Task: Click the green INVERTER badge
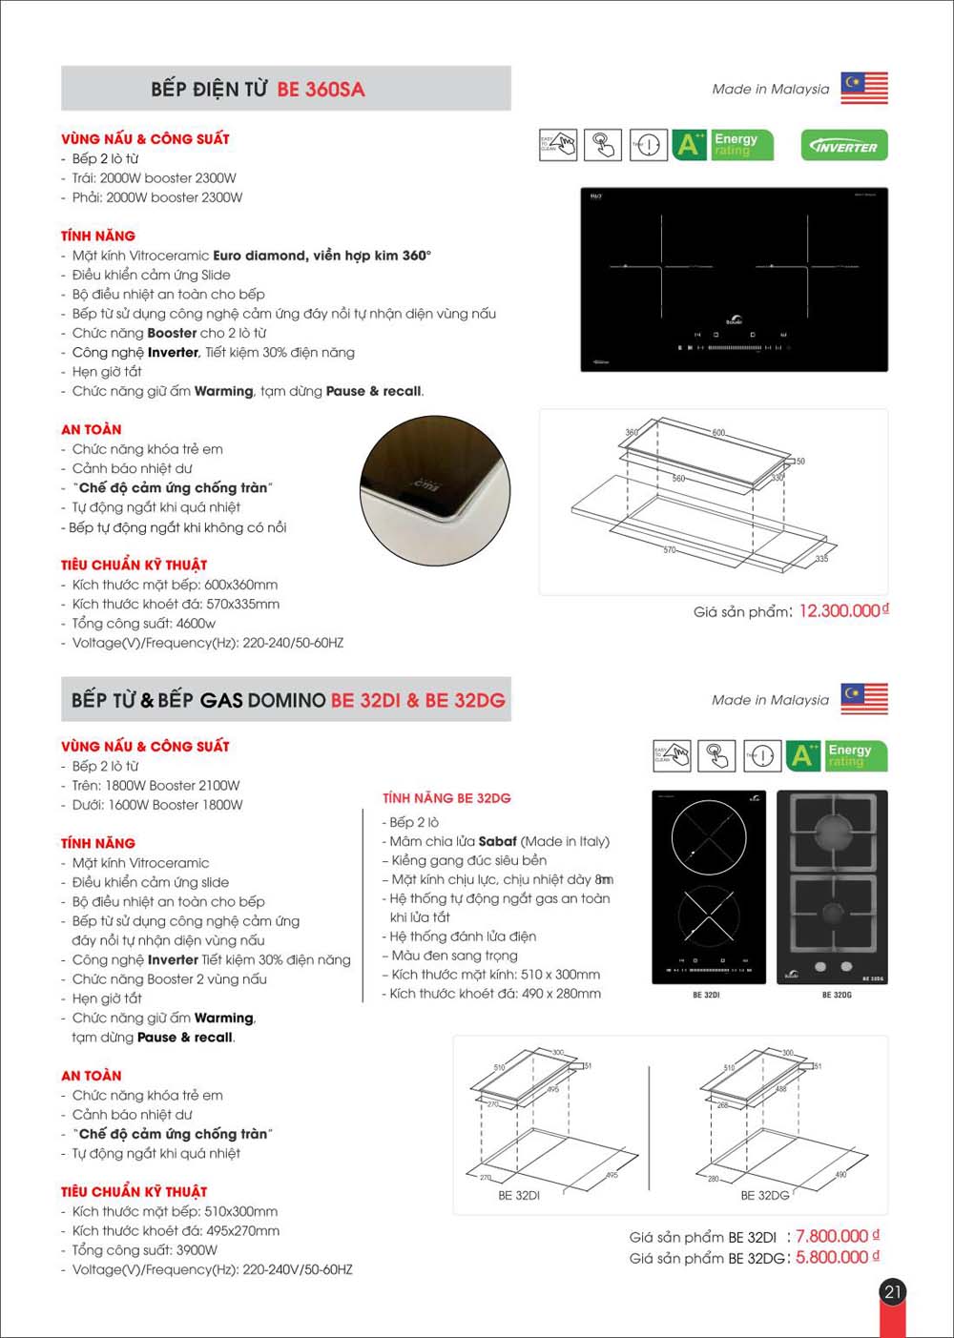click(x=844, y=146)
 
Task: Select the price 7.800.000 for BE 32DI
click(x=832, y=1236)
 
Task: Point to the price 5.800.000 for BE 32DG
click(x=832, y=1258)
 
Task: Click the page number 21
click(x=892, y=1292)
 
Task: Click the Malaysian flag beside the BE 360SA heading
click(x=863, y=88)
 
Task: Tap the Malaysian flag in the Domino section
click(x=863, y=699)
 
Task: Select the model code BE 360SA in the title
click(x=321, y=90)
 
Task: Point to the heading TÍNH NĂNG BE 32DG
click(x=446, y=798)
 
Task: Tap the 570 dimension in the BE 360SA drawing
click(x=669, y=550)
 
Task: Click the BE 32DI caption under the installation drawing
click(x=519, y=1195)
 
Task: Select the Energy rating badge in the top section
click(x=723, y=145)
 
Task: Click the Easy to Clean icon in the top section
click(x=558, y=145)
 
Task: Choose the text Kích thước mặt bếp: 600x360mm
click(x=175, y=585)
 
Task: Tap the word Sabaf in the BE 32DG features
click(x=497, y=841)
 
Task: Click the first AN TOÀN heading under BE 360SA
click(x=92, y=430)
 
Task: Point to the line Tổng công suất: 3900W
click(x=144, y=1250)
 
